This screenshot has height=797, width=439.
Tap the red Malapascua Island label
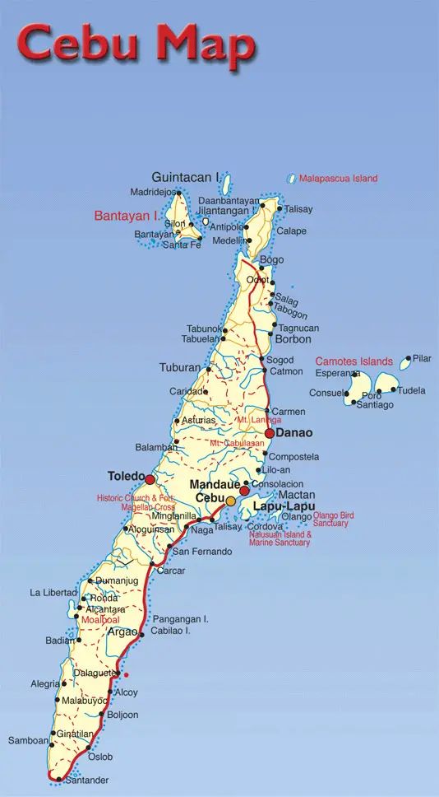tap(338, 178)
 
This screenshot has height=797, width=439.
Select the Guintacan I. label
tap(187, 177)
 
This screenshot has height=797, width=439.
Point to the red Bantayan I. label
tap(127, 216)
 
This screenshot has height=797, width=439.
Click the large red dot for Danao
tap(270, 433)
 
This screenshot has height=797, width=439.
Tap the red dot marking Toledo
tap(150, 478)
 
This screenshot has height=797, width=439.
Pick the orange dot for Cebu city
tap(231, 501)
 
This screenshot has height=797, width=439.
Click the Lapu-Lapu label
tap(283, 506)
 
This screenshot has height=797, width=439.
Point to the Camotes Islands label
tap(354, 361)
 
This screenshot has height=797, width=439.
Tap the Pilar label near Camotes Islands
tap(422, 359)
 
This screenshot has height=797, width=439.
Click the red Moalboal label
tap(99, 619)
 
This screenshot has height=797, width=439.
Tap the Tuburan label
tap(179, 367)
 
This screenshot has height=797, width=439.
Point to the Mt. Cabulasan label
tap(238, 443)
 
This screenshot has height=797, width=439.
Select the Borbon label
tap(293, 339)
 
